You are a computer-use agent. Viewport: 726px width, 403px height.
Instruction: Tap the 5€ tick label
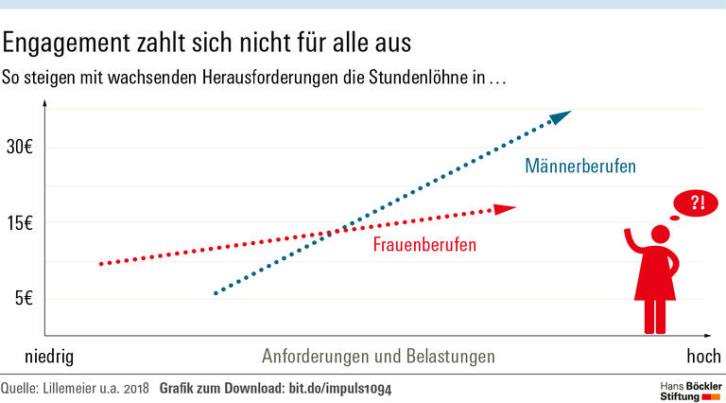24,299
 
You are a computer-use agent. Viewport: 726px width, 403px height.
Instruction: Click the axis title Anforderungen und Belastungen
378,358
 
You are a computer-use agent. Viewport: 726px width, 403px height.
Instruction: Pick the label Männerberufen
579,166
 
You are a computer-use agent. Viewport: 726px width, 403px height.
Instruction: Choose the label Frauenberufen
423,245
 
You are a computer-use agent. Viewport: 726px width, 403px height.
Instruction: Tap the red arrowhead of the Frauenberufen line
506,208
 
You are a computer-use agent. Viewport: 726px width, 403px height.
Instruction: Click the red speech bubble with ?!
697,201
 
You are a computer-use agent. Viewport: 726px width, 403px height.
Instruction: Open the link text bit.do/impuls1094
340,388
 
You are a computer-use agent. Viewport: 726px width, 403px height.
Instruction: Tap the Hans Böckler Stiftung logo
688,390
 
